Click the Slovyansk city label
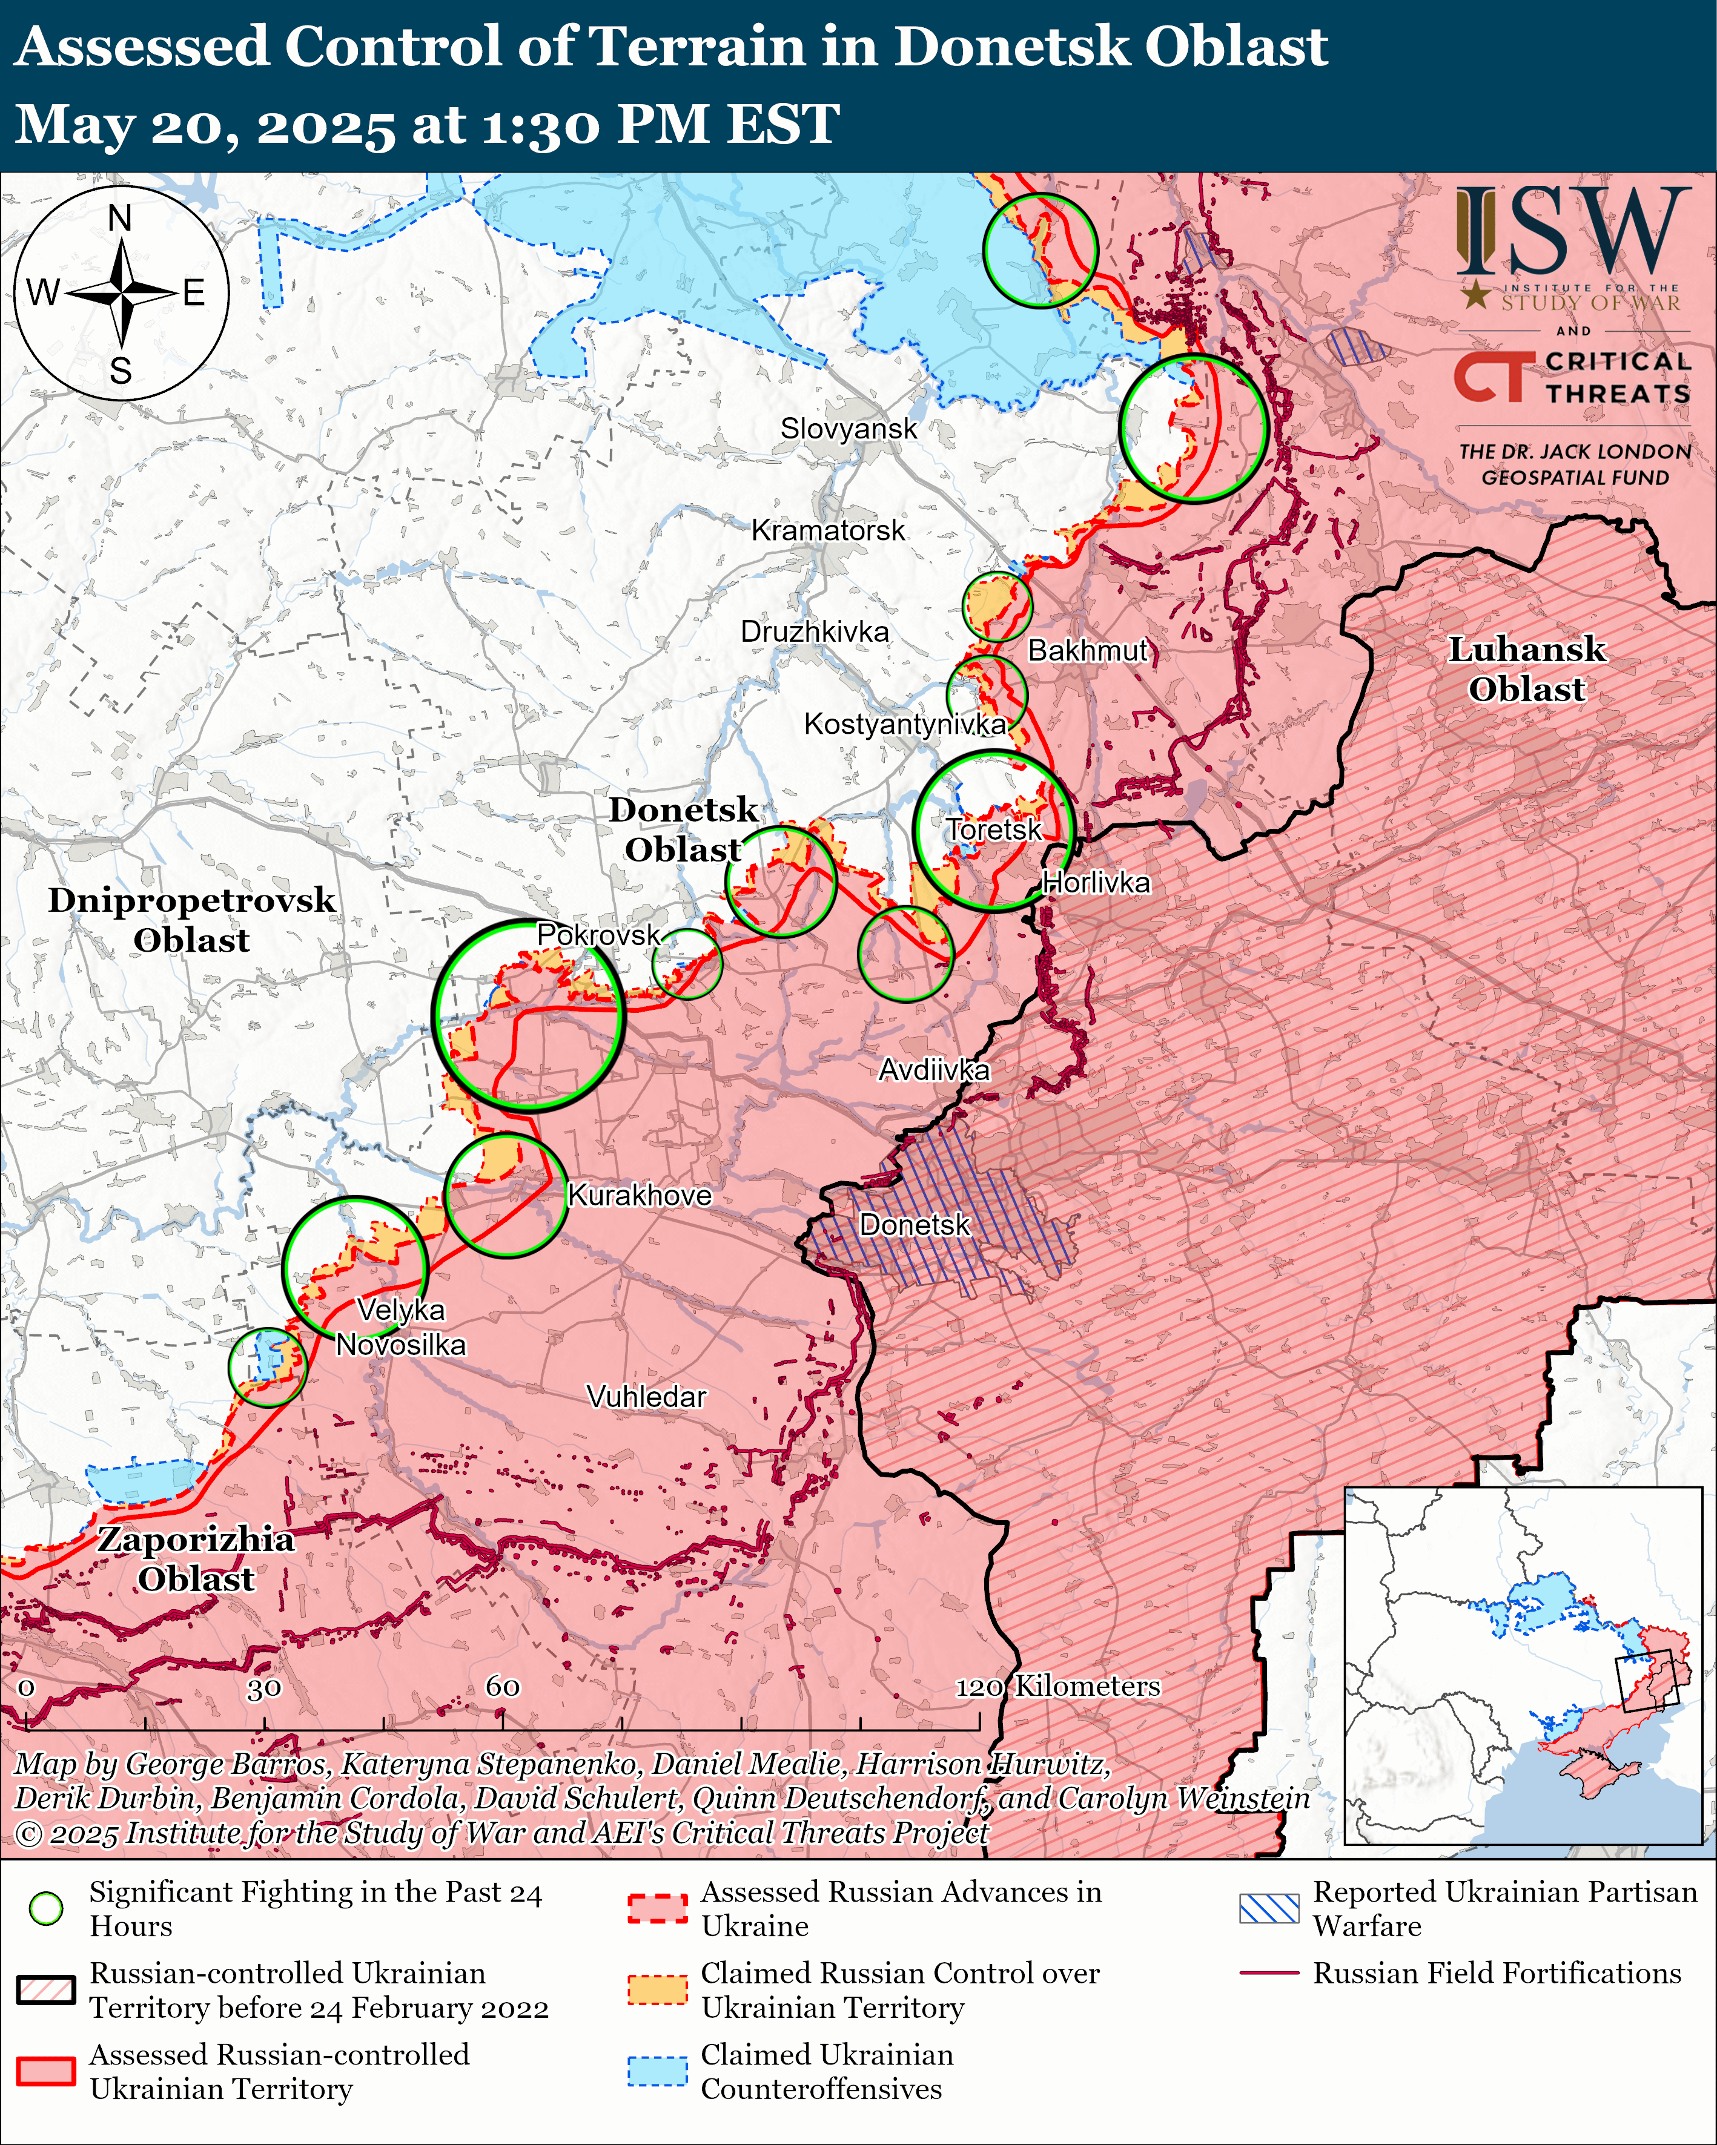[x=848, y=429]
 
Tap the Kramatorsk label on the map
[x=828, y=530]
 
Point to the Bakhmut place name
[x=1088, y=651]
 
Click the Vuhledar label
[x=646, y=1397]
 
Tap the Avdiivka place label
[x=934, y=1070]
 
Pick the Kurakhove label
[x=639, y=1195]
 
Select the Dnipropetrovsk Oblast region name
[x=191, y=919]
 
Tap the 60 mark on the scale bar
[x=503, y=1686]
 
